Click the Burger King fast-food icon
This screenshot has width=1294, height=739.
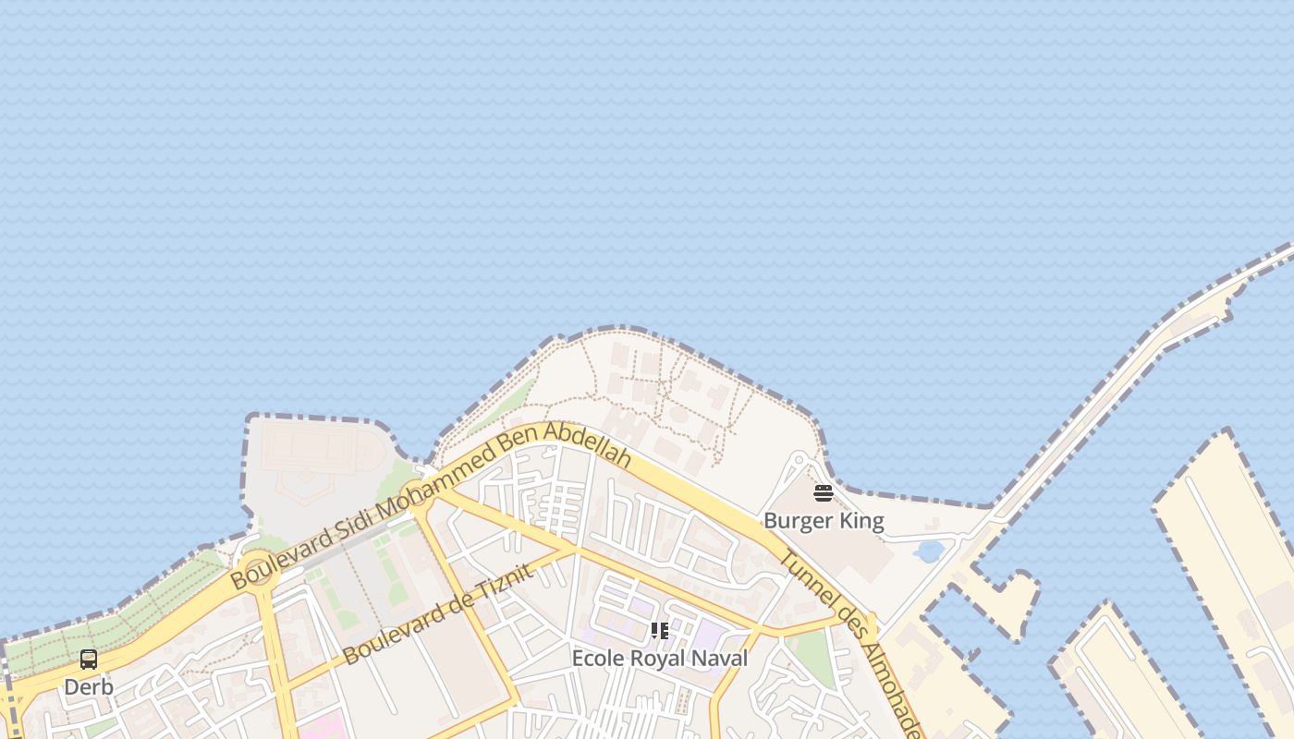(824, 493)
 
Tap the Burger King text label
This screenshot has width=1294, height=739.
(824, 521)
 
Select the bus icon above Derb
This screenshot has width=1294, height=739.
(89, 660)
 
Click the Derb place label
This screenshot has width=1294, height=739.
(89, 687)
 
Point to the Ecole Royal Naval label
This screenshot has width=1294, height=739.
(659, 659)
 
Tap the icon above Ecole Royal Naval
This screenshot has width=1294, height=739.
(659, 631)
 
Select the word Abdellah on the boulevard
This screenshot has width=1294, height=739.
(588, 443)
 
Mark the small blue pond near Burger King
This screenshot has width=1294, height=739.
(928, 551)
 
